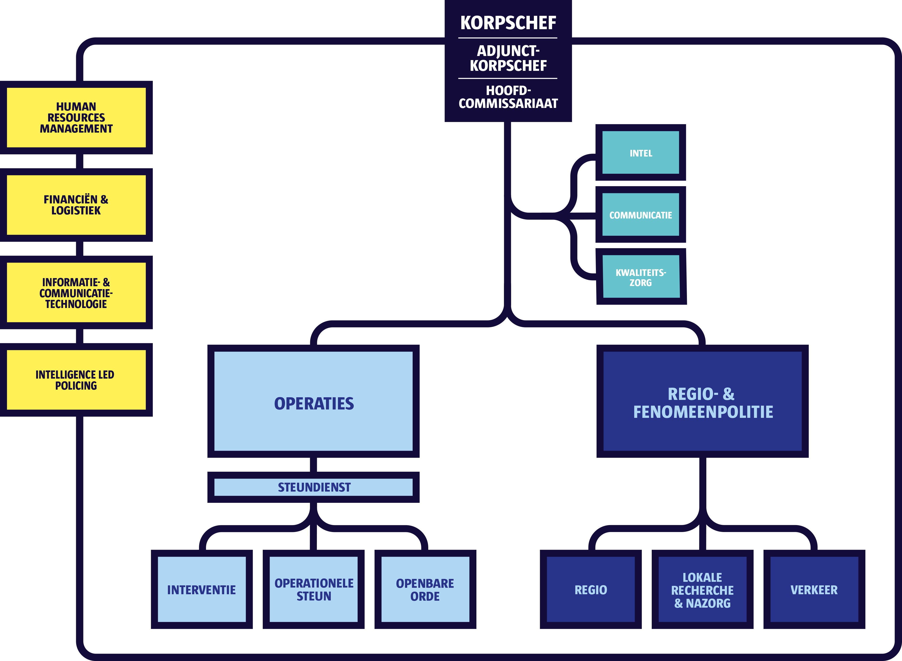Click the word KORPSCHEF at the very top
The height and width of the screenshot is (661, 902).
click(x=508, y=23)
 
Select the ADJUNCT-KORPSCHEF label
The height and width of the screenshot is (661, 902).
click(x=508, y=58)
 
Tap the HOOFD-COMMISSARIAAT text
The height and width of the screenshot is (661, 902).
click(x=508, y=97)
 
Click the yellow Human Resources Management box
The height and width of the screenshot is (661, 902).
click(x=76, y=118)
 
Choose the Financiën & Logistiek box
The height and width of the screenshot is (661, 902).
click(x=76, y=205)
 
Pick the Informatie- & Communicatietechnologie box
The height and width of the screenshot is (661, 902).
click(x=76, y=293)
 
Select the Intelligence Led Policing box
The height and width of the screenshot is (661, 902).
click(x=76, y=380)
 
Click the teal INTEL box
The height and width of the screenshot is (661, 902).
click(x=640, y=153)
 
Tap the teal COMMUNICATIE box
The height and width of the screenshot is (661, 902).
click(x=640, y=215)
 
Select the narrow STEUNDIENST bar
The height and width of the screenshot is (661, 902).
click(x=314, y=487)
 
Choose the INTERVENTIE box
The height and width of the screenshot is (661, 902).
click(x=201, y=589)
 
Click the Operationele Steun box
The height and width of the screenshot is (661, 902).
click(x=314, y=589)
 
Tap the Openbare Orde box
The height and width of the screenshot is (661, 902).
click(x=425, y=589)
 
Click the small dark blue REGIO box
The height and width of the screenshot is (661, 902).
click(x=591, y=589)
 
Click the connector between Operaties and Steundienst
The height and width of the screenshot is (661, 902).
click(x=314, y=465)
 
